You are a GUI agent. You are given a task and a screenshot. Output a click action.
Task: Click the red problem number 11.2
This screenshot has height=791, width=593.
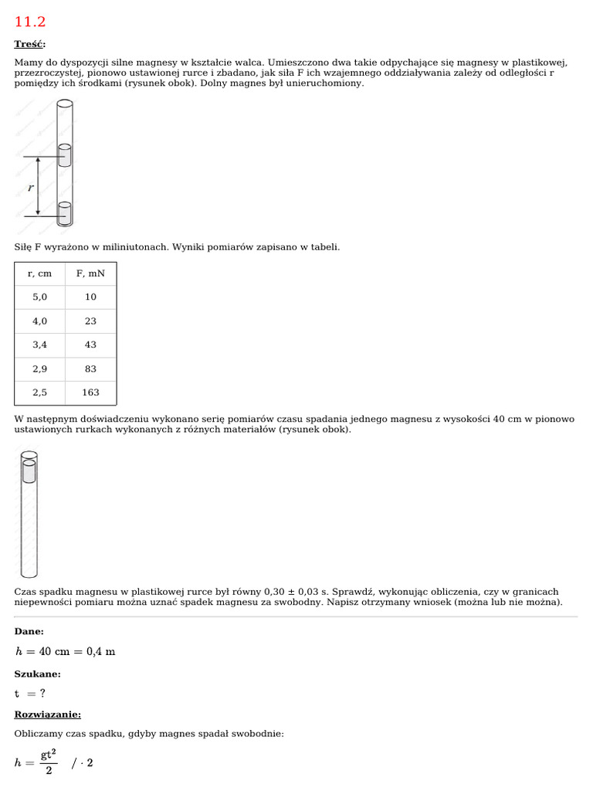[x=29, y=22]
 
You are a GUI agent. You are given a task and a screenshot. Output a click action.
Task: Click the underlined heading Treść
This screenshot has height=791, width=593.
[x=29, y=44]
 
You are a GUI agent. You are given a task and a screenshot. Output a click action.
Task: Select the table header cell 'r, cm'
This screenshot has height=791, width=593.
[x=39, y=273]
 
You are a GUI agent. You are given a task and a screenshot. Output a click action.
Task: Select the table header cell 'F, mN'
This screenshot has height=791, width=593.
[x=90, y=273]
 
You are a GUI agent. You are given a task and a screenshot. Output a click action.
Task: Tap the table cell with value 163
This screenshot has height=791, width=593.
[x=90, y=392]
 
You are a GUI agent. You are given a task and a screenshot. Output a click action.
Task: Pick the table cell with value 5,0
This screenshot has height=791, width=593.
[x=39, y=297]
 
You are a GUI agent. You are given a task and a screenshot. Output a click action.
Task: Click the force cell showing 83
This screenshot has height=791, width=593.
[x=90, y=369]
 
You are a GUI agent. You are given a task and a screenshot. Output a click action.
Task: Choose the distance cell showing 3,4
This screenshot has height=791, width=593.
[x=39, y=345]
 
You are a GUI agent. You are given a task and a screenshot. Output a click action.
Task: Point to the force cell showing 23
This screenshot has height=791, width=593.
[x=90, y=321]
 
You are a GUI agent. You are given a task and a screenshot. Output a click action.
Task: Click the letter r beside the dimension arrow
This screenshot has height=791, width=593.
[x=30, y=188]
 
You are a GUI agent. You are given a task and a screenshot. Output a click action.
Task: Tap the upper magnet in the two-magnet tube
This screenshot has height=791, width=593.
[x=65, y=155]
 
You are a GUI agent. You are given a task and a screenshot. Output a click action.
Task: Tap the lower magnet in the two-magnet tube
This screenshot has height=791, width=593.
[x=65, y=214]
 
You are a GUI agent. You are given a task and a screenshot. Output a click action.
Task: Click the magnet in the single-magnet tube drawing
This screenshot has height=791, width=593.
[x=29, y=471]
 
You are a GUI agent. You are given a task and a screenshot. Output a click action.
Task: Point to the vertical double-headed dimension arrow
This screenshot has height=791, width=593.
[x=38, y=186]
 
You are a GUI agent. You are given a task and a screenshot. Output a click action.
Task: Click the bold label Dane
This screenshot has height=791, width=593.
[x=29, y=631]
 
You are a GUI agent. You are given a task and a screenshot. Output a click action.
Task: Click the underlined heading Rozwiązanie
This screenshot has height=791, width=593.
[x=47, y=715]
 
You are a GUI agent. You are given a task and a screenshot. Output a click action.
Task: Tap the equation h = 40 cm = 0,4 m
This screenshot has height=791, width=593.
[x=65, y=651]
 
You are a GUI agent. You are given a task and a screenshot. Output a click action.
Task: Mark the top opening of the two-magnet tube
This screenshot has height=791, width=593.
[x=65, y=103]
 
